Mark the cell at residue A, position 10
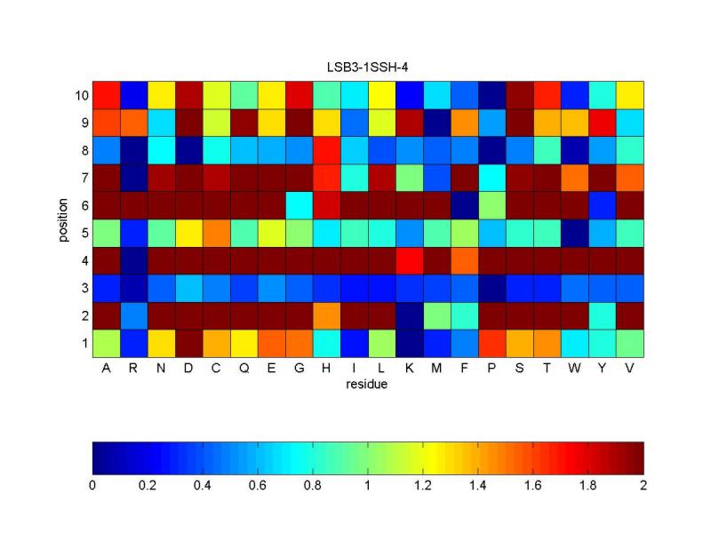pyautogui.click(x=107, y=95)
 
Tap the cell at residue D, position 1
pyautogui.click(x=189, y=343)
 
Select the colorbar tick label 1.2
pyautogui.click(x=423, y=485)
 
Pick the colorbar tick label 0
pyautogui.click(x=93, y=485)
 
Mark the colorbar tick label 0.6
pyautogui.click(x=258, y=485)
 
